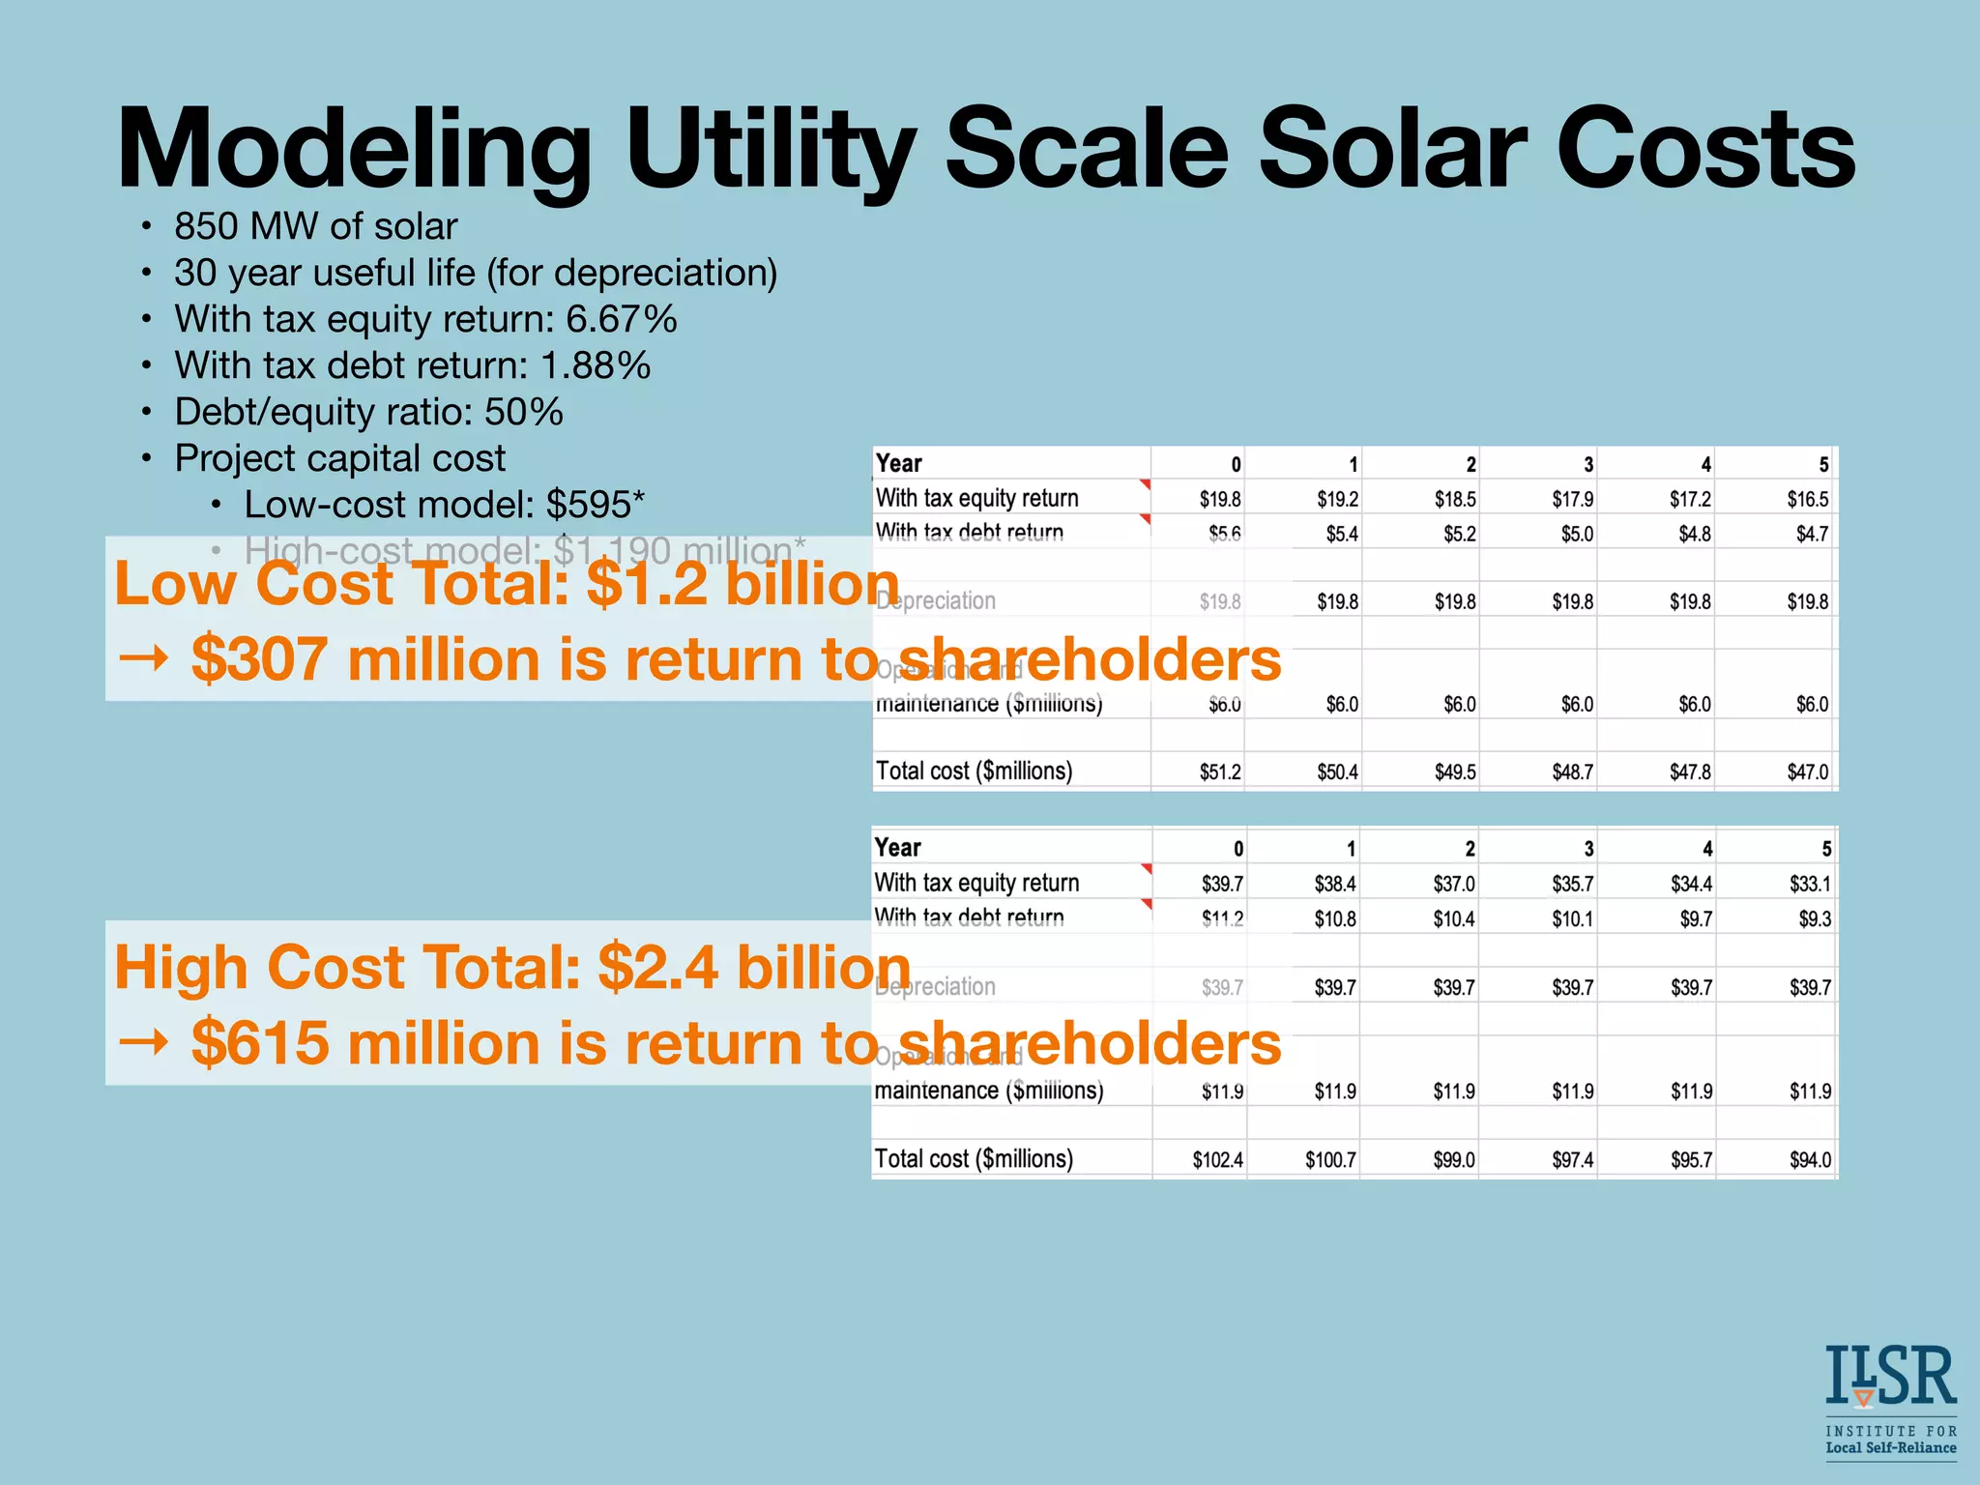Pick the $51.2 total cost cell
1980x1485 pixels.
coord(1220,772)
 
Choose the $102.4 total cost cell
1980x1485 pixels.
coord(1217,1159)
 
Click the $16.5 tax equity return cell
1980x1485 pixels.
coord(1807,499)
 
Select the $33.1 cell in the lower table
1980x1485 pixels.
coord(1810,884)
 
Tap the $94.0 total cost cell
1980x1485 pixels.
coord(1810,1159)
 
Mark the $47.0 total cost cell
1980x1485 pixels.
coord(1807,772)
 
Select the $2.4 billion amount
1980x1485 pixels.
coord(754,968)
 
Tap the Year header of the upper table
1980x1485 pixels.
coord(898,463)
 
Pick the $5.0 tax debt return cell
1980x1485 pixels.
coord(1577,534)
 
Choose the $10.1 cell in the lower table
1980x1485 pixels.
coord(1572,918)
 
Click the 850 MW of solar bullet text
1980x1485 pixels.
coord(315,226)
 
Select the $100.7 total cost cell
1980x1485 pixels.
coord(1330,1159)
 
